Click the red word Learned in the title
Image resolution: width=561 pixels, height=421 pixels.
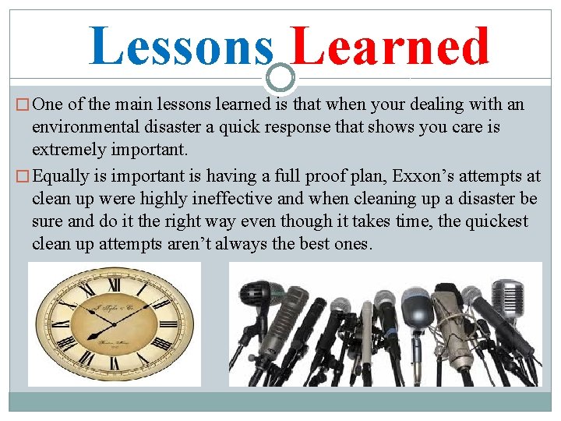[x=391, y=46]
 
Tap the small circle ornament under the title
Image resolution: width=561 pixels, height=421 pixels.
[x=280, y=76]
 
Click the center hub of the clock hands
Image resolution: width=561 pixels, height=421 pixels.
[x=115, y=324]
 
